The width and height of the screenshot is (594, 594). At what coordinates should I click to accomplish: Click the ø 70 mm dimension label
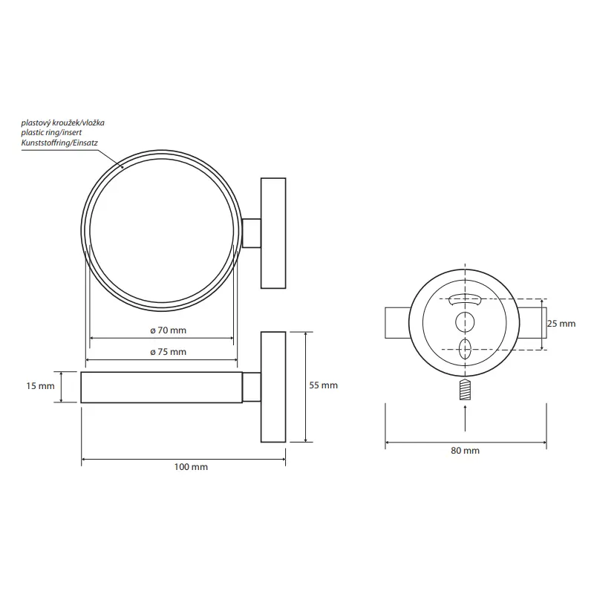(x=169, y=330)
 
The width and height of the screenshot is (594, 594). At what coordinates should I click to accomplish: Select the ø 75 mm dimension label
(x=169, y=352)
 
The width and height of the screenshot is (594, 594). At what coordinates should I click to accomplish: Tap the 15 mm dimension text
(x=40, y=386)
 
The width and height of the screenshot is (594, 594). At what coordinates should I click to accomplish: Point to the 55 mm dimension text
(x=323, y=385)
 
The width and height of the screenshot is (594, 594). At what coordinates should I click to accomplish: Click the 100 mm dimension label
(x=191, y=467)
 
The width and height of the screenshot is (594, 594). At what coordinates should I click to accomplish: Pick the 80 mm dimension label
(x=466, y=451)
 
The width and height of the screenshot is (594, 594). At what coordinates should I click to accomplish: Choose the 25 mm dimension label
(x=561, y=324)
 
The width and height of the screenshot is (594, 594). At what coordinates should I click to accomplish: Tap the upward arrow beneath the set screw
(x=465, y=418)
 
